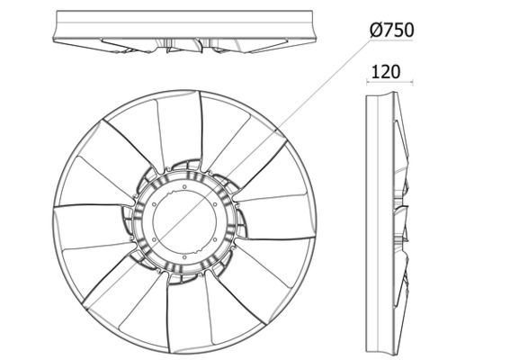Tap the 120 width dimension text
click(x=385, y=72)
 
